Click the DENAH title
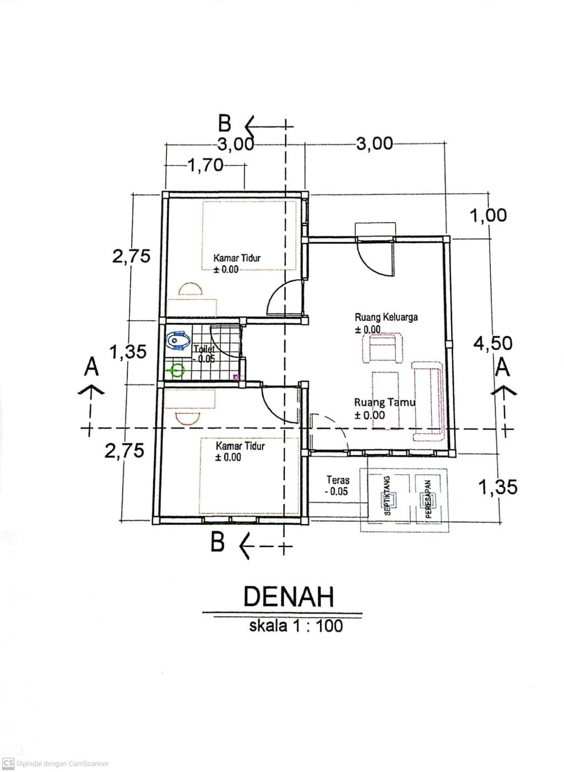tap(289, 597)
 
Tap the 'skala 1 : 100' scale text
tap(296, 626)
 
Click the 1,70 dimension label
tap(205, 165)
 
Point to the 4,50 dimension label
tap(493, 343)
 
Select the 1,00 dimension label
tap(488, 216)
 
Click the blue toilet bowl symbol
tap(178, 341)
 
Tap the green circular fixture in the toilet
tap(176, 371)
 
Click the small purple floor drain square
tap(236, 377)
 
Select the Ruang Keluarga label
tap(386, 317)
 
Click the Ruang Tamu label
tap(385, 402)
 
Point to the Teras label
tap(338, 480)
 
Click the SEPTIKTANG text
tap(387, 496)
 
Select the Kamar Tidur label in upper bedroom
tap(237, 258)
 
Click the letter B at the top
tap(225, 124)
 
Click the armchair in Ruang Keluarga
tap(383, 348)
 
